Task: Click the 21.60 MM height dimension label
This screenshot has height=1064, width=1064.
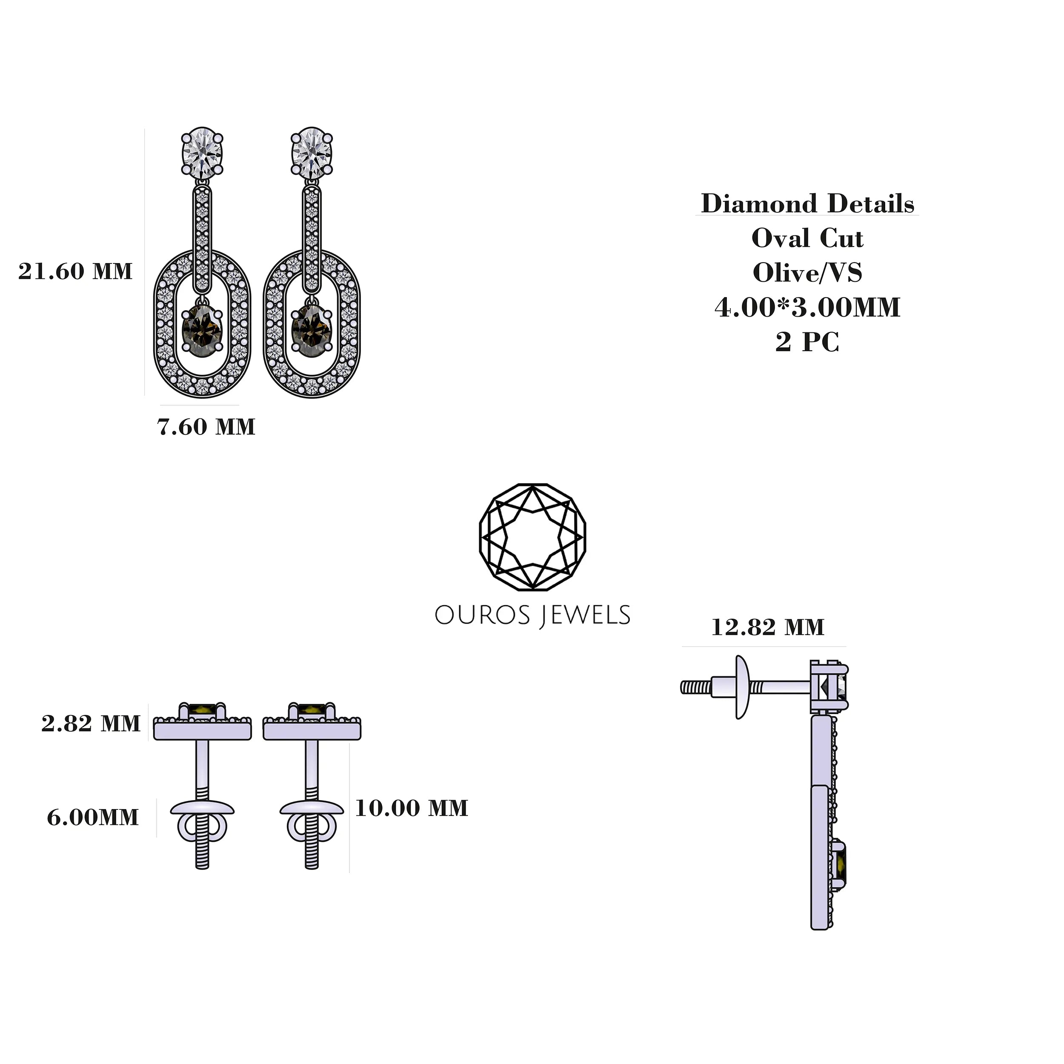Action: point(75,271)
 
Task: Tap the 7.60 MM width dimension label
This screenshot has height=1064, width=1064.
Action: point(206,427)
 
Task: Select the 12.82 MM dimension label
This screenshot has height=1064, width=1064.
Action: point(768,627)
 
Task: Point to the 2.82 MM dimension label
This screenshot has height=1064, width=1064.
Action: point(91,723)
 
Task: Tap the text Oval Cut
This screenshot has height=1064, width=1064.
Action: point(807,238)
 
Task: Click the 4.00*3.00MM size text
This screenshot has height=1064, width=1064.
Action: point(807,307)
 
